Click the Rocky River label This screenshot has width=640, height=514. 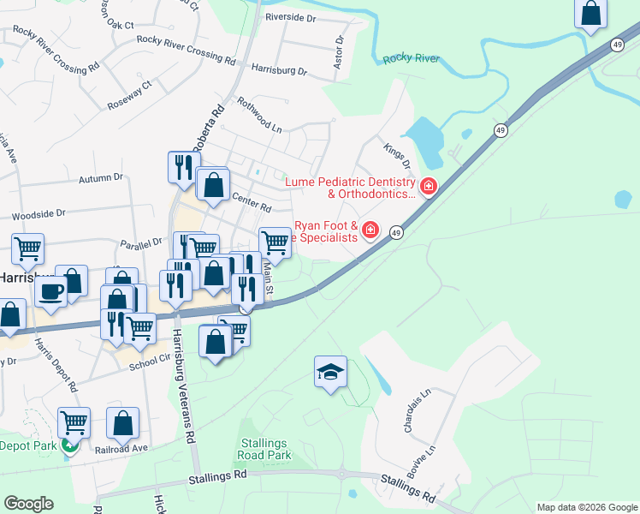click(x=412, y=58)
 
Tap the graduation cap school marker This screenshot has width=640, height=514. click(x=330, y=372)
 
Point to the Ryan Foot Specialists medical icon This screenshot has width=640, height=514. click(x=370, y=230)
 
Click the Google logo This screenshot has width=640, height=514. click(x=28, y=504)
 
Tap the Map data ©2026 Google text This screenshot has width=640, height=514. click(x=586, y=507)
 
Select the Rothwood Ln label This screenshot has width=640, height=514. click(x=259, y=117)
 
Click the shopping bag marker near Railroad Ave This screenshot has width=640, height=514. click(x=122, y=422)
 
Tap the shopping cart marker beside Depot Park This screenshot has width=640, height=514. click(x=74, y=421)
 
